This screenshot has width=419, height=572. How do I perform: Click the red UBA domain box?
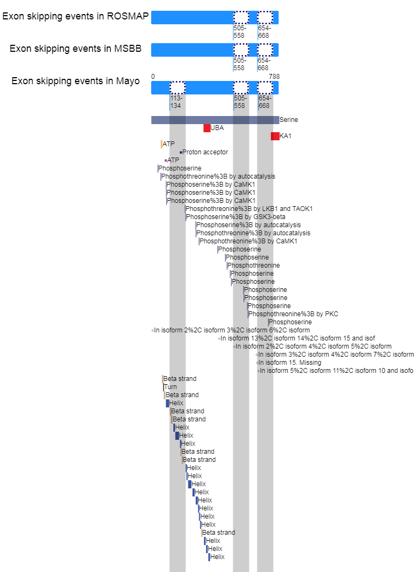[207, 128]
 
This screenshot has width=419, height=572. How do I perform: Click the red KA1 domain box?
[275, 136]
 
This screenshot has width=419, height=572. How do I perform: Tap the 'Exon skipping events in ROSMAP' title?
[76, 16]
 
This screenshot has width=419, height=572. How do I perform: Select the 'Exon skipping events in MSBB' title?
[76, 49]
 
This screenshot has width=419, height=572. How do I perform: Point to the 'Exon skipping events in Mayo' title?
[76, 81]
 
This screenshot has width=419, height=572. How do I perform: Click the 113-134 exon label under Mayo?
[177, 102]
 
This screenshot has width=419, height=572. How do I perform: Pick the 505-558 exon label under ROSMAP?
[239, 32]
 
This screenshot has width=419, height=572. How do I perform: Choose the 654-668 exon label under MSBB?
[263, 64]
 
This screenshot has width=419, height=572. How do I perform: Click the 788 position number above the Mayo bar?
[274, 77]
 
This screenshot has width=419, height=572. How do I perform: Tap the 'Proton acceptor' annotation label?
[205, 152]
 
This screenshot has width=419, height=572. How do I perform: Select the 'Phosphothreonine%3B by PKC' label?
[294, 314]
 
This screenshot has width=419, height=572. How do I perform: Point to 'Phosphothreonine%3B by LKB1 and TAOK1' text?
[249, 209]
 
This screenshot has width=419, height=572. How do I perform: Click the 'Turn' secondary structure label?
[170, 387]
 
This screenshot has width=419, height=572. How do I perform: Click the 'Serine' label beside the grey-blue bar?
[289, 120]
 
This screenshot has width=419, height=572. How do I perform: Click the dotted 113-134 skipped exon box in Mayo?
[178, 87]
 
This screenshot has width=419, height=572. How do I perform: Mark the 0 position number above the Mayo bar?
[153, 77]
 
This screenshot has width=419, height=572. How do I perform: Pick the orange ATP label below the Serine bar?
[168, 144]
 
